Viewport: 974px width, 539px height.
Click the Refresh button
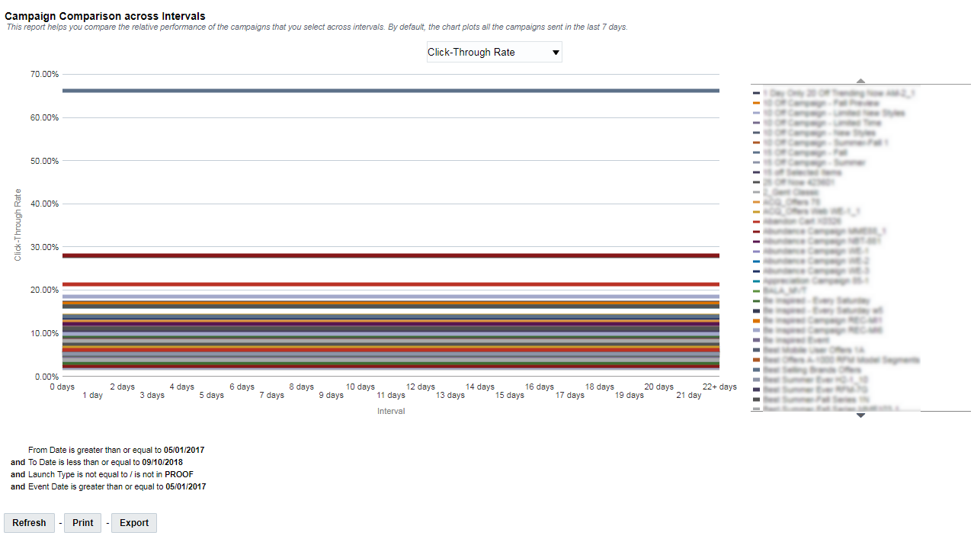[x=29, y=523]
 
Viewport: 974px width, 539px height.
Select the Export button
[x=134, y=523]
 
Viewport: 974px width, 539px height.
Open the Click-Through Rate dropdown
[x=494, y=53]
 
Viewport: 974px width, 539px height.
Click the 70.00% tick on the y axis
[x=45, y=75]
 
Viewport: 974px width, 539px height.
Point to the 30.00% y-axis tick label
[x=45, y=247]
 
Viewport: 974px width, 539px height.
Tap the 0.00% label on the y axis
[x=47, y=377]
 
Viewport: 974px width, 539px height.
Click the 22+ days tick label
[x=719, y=387]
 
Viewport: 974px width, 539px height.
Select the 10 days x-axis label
[x=360, y=387]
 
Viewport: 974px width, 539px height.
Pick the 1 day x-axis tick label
[x=92, y=396]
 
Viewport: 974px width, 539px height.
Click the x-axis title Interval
[x=391, y=412]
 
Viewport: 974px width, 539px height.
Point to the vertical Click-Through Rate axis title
[x=18, y=226]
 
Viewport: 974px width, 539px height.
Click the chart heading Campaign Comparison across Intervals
[x=105, y=16]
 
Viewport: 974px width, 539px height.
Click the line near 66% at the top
[x=390, y=91]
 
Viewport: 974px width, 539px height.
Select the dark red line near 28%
[x=390, y=255]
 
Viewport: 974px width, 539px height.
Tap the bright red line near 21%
[x=390, y=284]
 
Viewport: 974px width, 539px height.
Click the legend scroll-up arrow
[x=860, y=80]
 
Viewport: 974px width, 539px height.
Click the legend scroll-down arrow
[x=860, y=415]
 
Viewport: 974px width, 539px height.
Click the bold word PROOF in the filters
[x=178, y=474]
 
